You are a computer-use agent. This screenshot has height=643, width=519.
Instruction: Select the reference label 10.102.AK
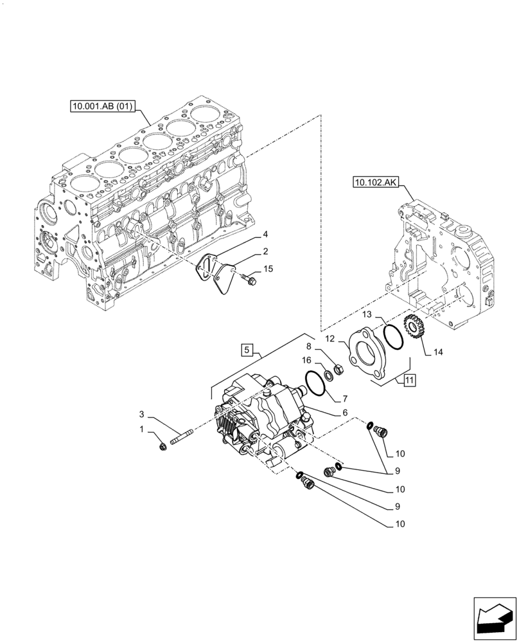pyautogui.click(x=374, y=183)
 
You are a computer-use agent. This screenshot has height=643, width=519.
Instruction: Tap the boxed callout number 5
pyautogui.click(x=246, y=350)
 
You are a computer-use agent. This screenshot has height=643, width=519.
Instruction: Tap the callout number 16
pyautogui.click(x=308, y=360)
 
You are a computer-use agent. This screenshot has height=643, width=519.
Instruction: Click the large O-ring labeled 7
pyautogui.click(x=315, y=383)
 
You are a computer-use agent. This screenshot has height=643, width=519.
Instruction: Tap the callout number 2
pyautogui.click(x=264, y=251)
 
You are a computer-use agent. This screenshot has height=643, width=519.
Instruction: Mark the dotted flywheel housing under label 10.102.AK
pyautogui.click(x=443, y=257)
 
